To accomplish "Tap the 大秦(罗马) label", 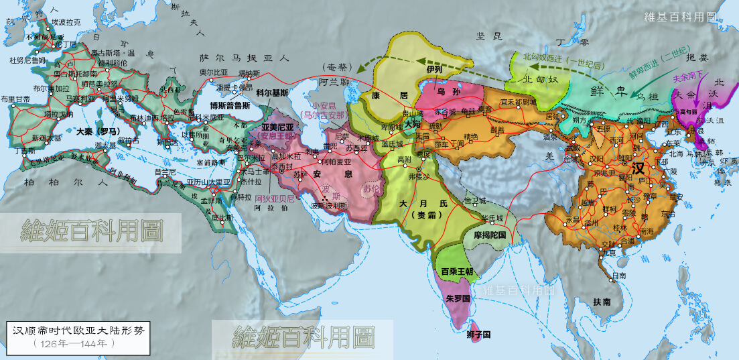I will [94, 131].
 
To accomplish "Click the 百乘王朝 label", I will [457, 272].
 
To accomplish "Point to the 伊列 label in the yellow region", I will [434, 69].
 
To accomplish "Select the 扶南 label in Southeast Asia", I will [602, 302].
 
